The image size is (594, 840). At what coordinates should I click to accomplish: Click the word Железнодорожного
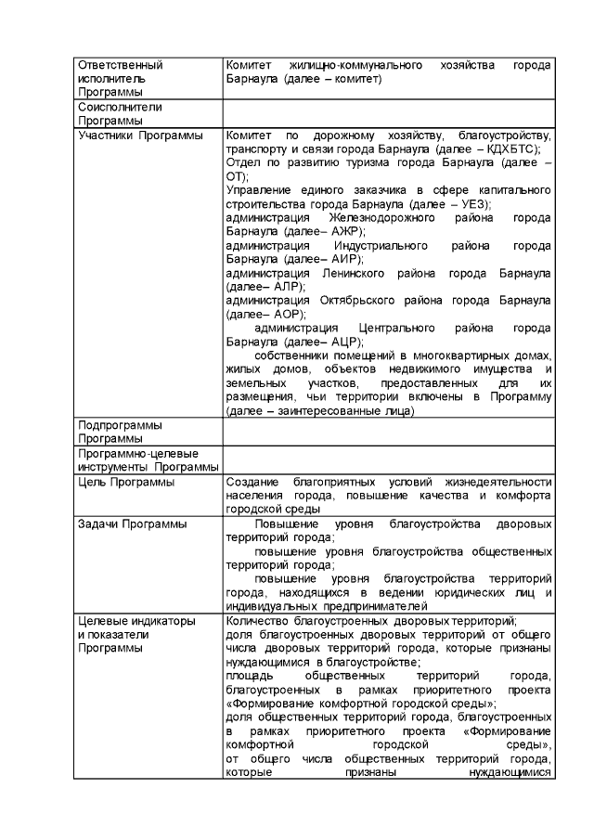pos(372,218)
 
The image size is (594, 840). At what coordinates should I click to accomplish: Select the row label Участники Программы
pos(140,136)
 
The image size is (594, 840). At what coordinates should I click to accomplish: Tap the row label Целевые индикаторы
pos(136,621)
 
